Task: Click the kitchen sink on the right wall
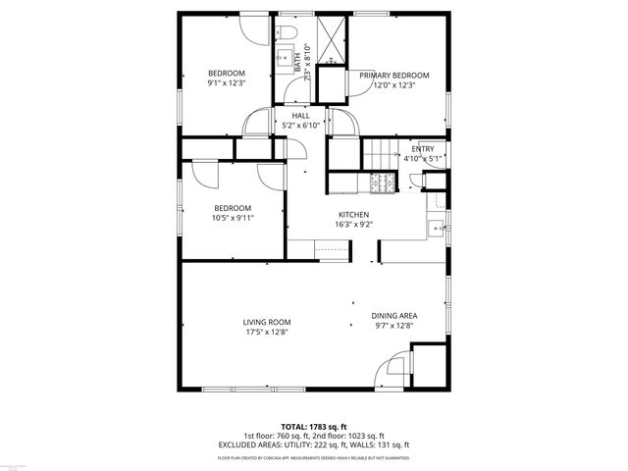point(436,229)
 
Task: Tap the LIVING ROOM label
point(267,322)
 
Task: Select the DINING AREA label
point(394,316)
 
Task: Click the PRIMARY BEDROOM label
point(393,75)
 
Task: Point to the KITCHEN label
point(353,214)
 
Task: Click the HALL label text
point(300,116)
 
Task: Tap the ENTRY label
point(423,149)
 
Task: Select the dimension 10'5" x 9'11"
point(234,218)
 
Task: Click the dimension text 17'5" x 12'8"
point(267,332)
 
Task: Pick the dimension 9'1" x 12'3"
point(227,84)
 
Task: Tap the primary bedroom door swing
point(343,123)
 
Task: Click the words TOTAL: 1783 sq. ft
point(314,427)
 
